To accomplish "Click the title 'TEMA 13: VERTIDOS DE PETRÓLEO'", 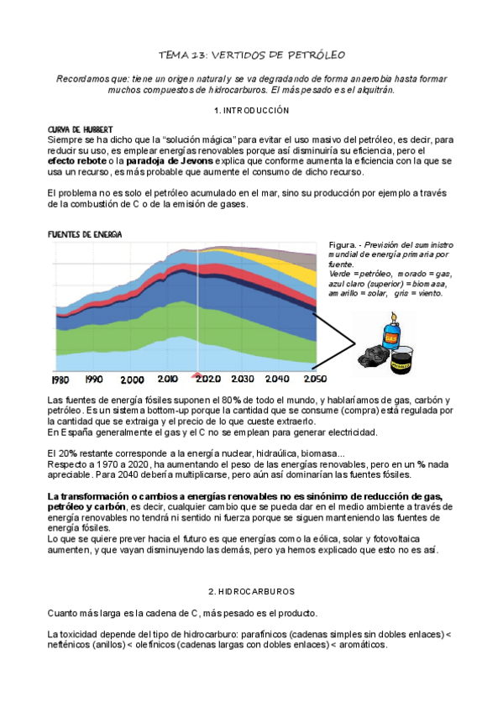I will tap(252, 55).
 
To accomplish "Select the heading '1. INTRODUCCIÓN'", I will tap(252, 111).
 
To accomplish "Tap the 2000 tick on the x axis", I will tap(132, 380).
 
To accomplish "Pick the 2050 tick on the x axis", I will tap(316, 380).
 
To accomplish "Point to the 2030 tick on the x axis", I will tap(242, 380).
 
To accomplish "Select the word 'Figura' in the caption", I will tap(343, 244).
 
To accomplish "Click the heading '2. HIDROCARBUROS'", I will tap(252, 591).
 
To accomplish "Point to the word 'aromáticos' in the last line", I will tap(360, 644).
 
